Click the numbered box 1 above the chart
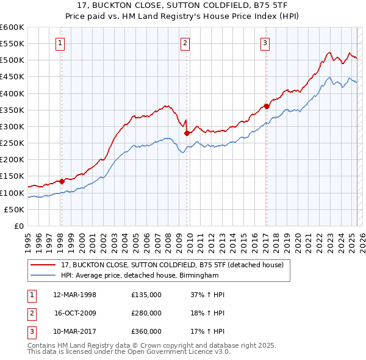[x=61, y=43]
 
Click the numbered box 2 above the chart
[x=185, y=43]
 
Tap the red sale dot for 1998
[x=62, y=181]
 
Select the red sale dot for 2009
[x=187, y=133]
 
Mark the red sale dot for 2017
[x=267, y=106]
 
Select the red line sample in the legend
[x=43, y=265]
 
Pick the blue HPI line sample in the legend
[x=43, y=276]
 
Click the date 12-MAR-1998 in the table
[x=75, y=295]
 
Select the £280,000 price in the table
[x=146, y=313]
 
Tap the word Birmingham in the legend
[x=198, y=276]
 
